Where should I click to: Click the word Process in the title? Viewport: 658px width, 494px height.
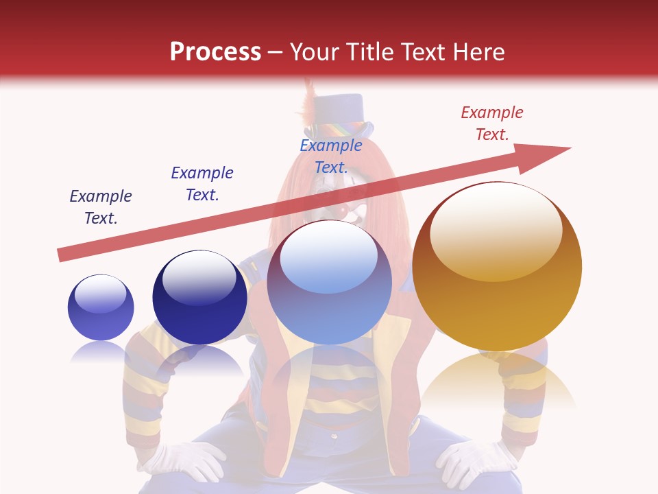point(215,52)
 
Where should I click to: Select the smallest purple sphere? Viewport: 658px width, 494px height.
point(101,307)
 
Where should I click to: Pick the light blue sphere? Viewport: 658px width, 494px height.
point(329,283)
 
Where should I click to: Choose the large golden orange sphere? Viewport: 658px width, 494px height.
point(497,266)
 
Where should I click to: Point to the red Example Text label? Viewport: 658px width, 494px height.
point(492,123)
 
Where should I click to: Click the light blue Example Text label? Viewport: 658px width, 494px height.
point(331,156)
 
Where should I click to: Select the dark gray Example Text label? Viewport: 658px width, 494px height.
point(101,207)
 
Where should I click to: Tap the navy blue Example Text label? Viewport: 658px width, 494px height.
point(202,184)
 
